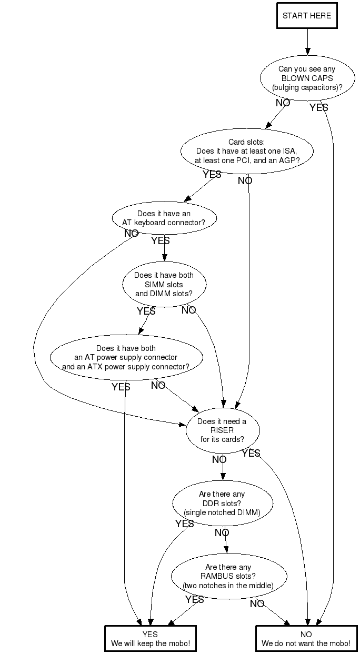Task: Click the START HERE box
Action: point(307,16)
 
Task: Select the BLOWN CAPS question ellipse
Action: point(307,78)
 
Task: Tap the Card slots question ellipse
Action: point(247,151)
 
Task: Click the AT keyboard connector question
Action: point(164,218)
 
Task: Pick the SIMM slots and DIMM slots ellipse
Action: point(164,284)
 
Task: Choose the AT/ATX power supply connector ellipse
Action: point(126,357)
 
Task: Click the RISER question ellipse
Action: point(222,430)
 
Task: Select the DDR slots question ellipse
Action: point(222,503)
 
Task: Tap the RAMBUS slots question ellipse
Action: point(228,576)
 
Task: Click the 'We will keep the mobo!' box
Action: point(151,639)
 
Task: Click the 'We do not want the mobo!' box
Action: point(306,639)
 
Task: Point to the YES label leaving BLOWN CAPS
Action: point(319,108)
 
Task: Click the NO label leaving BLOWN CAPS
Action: point(283,103)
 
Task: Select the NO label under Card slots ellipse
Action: point(245,181)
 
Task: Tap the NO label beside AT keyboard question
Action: point(131,233)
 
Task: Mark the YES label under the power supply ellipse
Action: point(121,387)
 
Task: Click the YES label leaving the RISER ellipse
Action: point(251,454)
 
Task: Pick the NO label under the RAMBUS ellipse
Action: point(257,604)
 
